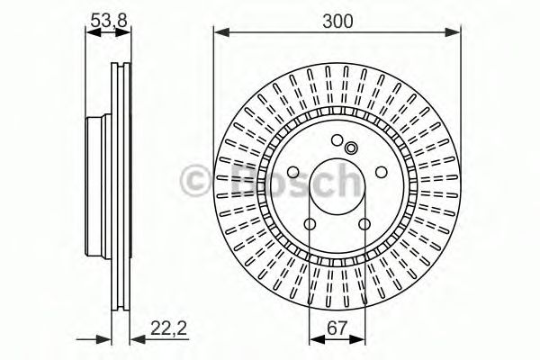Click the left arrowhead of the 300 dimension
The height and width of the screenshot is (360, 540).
click(220, 33)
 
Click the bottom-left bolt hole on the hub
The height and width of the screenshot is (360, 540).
click(308, 225)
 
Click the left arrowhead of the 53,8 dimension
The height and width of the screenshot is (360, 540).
click(89, 33)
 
